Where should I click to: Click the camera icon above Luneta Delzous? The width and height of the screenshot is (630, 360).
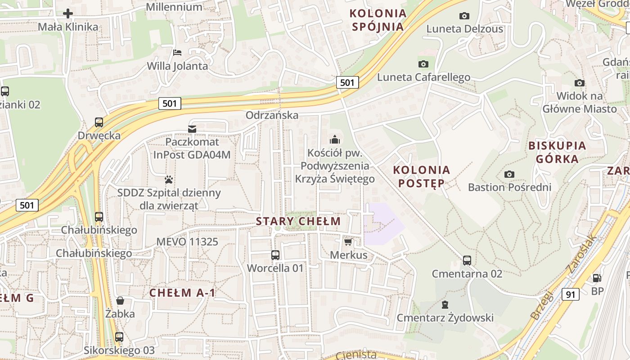tap(464, 16)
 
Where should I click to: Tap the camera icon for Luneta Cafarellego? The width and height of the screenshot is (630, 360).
tap(423, 64)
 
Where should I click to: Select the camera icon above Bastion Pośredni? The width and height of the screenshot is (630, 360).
tap(509, 174)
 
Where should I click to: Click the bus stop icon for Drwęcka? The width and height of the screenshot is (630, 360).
tap(99, 122)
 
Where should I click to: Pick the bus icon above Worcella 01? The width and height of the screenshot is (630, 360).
tap(275, 255)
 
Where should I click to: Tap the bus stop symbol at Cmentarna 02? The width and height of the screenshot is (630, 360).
tap(467, 261)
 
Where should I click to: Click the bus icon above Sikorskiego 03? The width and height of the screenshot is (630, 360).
tap(119, 337)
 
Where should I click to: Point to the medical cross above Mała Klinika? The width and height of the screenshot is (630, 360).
tap(68, 13)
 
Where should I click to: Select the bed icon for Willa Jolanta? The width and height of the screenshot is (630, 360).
tap(177, 53)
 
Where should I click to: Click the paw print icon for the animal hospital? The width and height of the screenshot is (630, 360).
tap(169, 180)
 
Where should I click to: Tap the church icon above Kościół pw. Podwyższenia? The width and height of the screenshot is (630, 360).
tap(334, 139)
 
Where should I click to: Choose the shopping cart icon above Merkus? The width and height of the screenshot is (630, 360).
tap(348, 242)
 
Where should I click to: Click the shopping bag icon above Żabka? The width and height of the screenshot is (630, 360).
tap(120, 301)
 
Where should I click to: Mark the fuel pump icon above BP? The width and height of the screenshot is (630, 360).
tap(597, 279)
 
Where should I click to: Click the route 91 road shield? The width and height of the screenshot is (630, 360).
tap(570, 294)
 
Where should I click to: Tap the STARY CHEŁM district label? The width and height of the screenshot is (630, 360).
tap(298, 221)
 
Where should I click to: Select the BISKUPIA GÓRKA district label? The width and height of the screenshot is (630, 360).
tap(557, 152)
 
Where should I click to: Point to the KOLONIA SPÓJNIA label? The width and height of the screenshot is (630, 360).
tap(378, 20)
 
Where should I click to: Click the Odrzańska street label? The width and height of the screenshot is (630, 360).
tap(272, 115)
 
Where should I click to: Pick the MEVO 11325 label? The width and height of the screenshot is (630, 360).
tap(187, 242)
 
